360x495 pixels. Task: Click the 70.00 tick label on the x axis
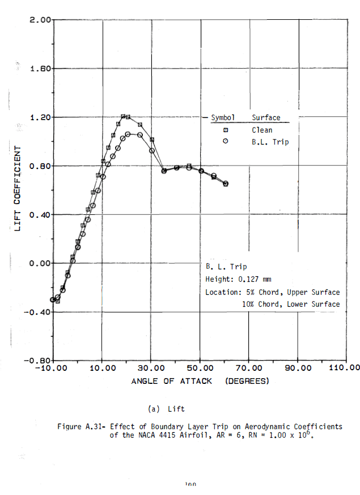[x=248, y=368]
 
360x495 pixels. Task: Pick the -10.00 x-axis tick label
[x=52, y=368]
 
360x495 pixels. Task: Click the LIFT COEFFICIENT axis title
[x=18, y=188]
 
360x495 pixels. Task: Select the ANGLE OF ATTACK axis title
[x=172, y=381]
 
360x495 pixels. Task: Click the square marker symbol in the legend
[x=225, y=130]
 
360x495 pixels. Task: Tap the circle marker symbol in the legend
[x=225, y=142]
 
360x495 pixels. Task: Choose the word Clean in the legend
[x=262, y=130]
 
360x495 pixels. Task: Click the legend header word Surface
[x=266, y=118]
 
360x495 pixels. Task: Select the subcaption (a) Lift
[x=166, y=408]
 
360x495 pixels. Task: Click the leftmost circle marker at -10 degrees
[x=53, y=300]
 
